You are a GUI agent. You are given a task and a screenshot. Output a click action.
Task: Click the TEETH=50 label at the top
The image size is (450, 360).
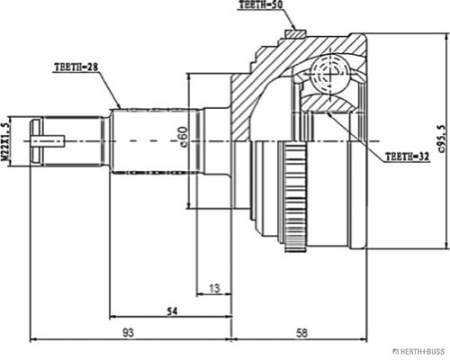click(261, 6)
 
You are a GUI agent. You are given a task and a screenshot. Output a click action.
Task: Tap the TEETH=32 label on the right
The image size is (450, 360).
click(407, 156)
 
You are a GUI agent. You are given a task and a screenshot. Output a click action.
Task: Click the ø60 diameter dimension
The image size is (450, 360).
click(184, 138)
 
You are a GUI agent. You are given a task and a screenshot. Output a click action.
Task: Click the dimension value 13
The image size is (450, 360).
click(212, 288)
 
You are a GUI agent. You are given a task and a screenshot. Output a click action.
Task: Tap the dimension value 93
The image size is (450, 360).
click(129, 333)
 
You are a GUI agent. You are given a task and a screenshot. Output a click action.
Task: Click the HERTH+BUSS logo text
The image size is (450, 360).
click(417, 351)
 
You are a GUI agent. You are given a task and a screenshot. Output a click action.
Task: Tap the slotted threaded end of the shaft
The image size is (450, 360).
click(45, 139)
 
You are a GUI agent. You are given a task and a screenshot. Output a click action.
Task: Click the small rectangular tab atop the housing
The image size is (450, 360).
click(292, 35)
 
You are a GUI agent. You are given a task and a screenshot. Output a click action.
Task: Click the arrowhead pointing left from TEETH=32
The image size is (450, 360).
click(329, 114)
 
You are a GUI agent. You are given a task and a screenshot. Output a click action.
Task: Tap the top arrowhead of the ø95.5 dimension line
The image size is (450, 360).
click(447, 39)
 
